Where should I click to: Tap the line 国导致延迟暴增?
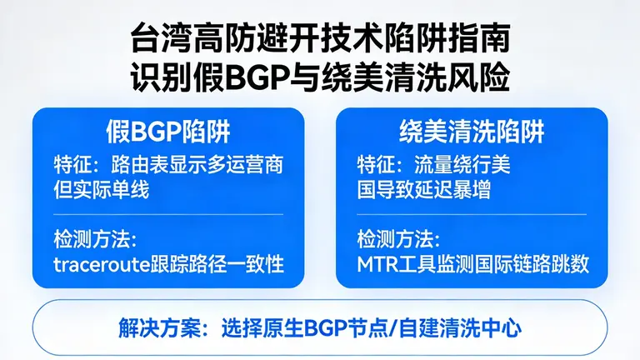pos(423,189)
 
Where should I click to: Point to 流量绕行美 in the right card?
pos(462,164)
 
